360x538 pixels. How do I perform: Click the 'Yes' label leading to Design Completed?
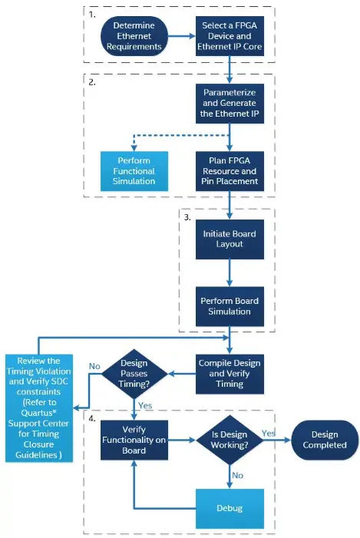(269, 433)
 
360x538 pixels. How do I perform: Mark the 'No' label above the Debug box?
(238, 475)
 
